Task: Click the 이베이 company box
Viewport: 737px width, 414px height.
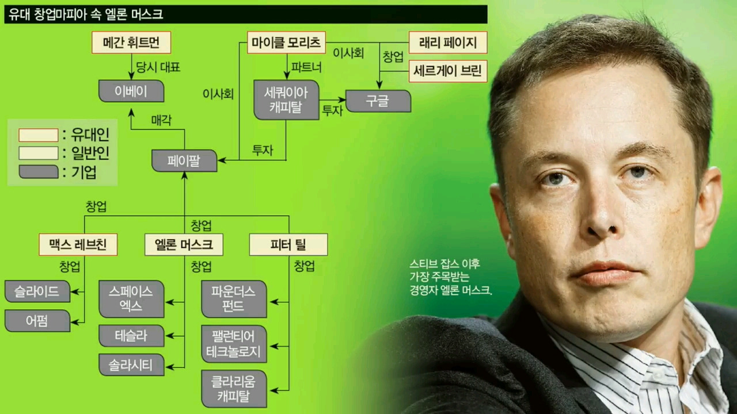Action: click(131, 91)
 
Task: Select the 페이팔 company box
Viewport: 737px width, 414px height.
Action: click(184, 160)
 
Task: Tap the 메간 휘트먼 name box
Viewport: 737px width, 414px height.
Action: click(131, 43)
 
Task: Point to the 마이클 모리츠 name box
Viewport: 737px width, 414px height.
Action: click(287, 43)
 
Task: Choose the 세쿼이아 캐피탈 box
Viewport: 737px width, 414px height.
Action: click(286, 99)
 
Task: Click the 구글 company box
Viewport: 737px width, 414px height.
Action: click(378, 101)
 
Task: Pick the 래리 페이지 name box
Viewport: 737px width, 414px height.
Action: click(447, 43)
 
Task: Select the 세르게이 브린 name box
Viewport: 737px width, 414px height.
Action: click(447, 71)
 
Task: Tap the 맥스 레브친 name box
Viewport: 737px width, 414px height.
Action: click(78, 244)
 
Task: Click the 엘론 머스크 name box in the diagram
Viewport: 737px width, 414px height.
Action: click(184, 244)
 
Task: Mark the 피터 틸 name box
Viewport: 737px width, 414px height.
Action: click(288, 244)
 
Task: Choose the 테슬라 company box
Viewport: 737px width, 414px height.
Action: click(131, 336)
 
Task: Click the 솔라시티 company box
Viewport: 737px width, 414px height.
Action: click(131, 365)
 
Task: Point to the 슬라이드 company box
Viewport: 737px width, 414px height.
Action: click(37, 292)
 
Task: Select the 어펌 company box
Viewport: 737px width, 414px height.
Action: click(37, 321)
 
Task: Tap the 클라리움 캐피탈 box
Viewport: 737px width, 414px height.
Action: click(234, 389)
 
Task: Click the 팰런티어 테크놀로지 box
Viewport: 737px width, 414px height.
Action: click(234, 344)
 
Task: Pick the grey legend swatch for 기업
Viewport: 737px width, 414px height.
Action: click(39, 172)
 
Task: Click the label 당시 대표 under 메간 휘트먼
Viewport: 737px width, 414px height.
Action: click(158, 67)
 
